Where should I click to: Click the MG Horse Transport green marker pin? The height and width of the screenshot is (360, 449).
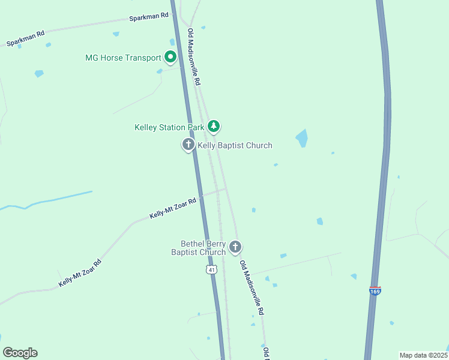coord(170,58)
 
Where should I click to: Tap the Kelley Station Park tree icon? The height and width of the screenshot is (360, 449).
coord(214,126)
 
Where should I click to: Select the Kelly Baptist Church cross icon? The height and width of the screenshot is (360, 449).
coord(188,145)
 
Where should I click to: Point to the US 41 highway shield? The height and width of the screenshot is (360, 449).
coord(211,270)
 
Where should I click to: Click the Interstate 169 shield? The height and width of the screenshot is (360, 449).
coord(375,291)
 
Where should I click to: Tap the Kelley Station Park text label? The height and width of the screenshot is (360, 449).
coord(170,127)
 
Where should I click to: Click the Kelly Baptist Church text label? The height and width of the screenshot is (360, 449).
coord(235,145)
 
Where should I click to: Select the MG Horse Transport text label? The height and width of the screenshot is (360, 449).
coord(123,58)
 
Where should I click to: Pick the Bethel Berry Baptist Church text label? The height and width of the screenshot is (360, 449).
coord(203,248)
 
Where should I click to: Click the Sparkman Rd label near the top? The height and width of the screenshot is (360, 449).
coord(149,17)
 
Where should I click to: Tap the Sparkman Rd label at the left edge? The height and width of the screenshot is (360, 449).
coord(26,39)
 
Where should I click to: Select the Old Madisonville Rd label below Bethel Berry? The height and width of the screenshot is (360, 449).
coord(252,288)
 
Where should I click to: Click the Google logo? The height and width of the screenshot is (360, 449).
coord(20,353)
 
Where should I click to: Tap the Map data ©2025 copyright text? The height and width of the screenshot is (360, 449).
coord(424,355)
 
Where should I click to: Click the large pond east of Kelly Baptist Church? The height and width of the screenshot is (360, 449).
coord(301,139)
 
